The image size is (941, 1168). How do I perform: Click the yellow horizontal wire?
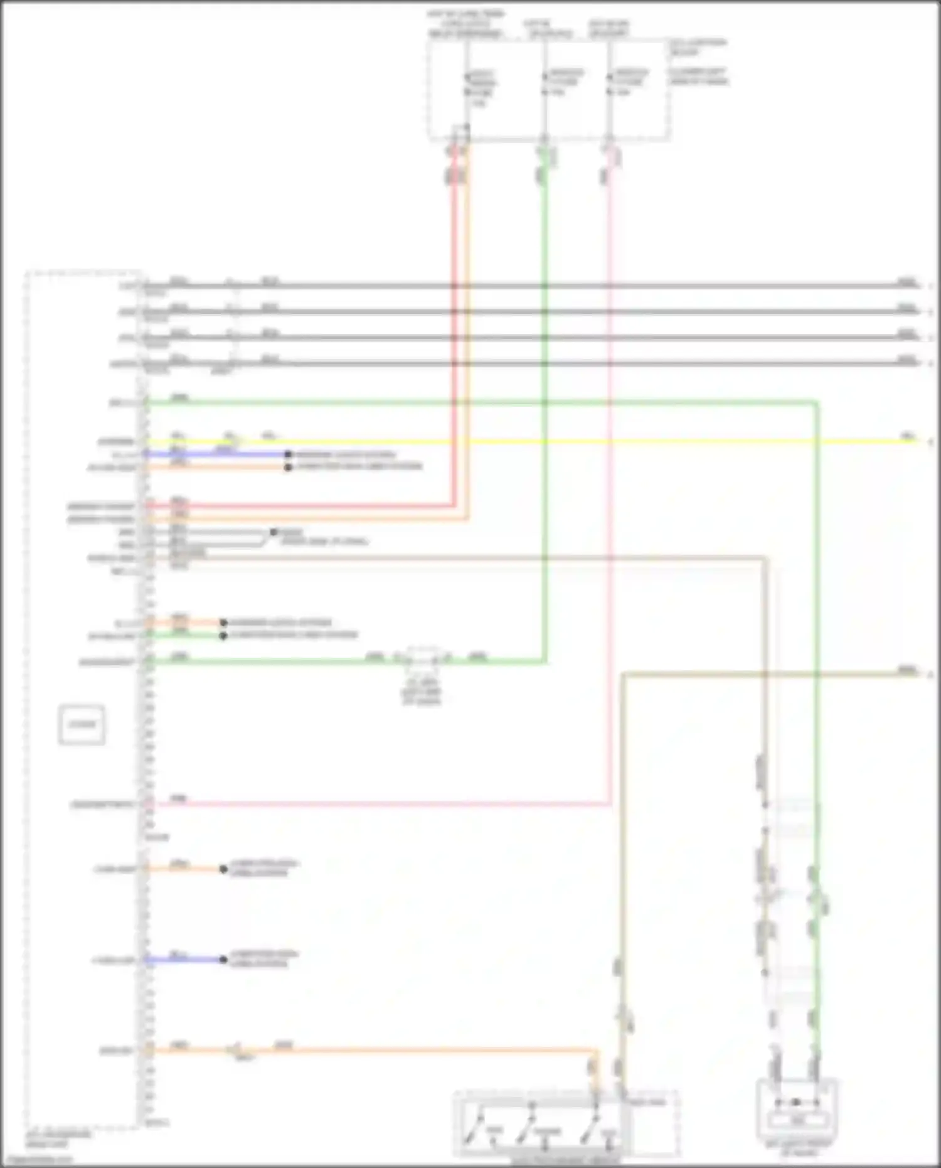(565, 442)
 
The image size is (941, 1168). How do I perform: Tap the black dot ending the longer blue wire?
(288, 454)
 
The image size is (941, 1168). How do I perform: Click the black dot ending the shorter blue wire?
(223, 960)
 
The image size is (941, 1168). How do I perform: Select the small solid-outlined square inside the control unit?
(82, 725)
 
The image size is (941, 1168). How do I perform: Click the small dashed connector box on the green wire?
(422, 658)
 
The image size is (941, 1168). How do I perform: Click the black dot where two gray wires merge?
(273, 532)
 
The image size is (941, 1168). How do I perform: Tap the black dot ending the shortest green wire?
(223, 636)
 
